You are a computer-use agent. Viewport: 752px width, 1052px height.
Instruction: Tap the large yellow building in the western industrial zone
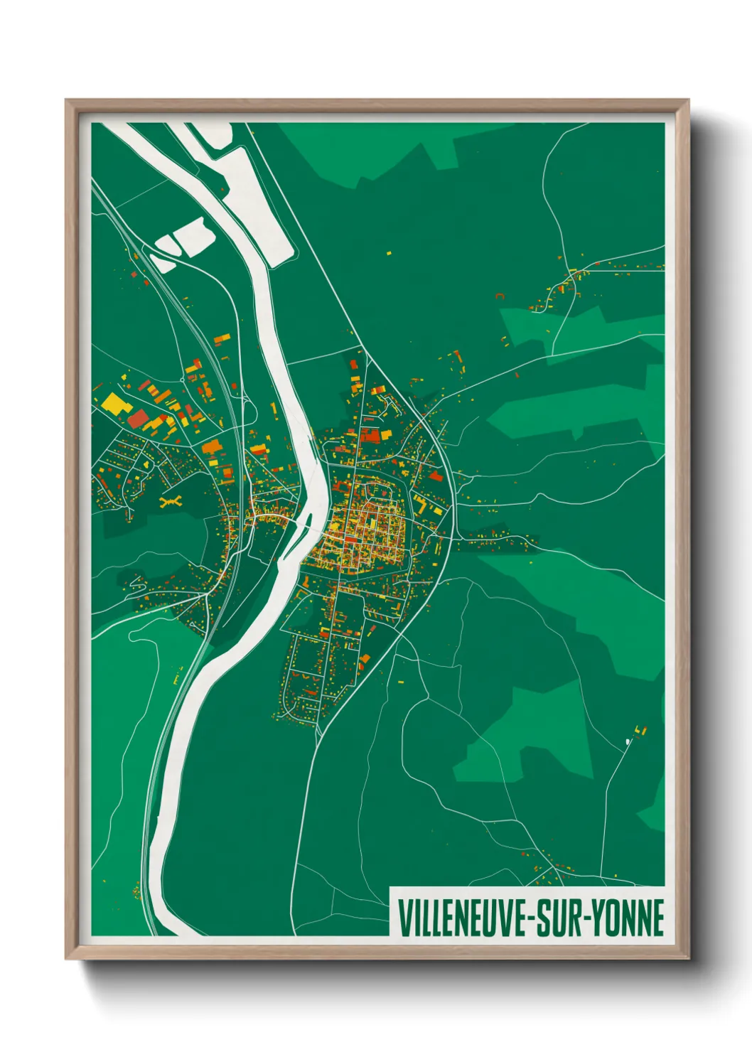(x=114, y=404)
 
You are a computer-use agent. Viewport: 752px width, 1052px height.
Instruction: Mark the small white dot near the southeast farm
(x=628, y=741)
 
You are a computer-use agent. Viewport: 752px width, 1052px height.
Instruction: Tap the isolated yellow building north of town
(x=389, y=252)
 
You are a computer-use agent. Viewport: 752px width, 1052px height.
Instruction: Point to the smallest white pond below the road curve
(x=163, y=263)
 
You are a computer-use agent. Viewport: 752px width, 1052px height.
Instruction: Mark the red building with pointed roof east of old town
(x=435, y=476)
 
